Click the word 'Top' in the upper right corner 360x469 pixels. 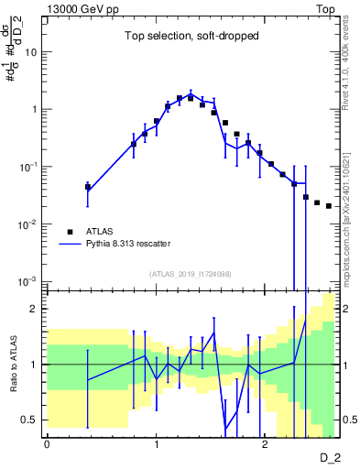[326, 7]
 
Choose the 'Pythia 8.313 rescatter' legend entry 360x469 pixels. [128, 244]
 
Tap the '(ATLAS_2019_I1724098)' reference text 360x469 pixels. [191, 274]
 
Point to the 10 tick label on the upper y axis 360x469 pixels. [30, 52]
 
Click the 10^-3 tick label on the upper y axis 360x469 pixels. [28, 281]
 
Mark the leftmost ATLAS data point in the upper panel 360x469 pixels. [88, 187]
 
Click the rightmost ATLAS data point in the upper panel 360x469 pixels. [329, 206]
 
